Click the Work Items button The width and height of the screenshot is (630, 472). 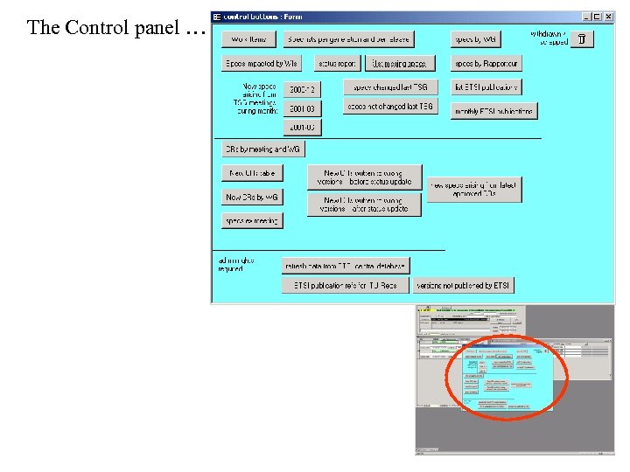[x=248, y=39]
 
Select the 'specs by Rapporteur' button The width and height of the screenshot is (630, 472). [x=486, y=64]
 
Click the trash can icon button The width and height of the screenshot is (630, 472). [x=583, y=39]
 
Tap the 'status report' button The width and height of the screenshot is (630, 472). [x=336, y=64]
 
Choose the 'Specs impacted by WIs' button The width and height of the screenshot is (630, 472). [x=261, y=64]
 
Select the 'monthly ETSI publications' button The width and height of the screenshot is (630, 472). [x=493, y=111]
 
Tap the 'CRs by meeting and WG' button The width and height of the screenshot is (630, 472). [x=262, y=149]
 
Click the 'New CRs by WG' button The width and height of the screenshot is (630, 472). [x=252, y=198]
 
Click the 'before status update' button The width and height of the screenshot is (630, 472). [x=364, y=177]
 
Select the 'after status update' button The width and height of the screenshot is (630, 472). [x=364, y=205]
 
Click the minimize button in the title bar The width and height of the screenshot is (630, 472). [x=585, y=17]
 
